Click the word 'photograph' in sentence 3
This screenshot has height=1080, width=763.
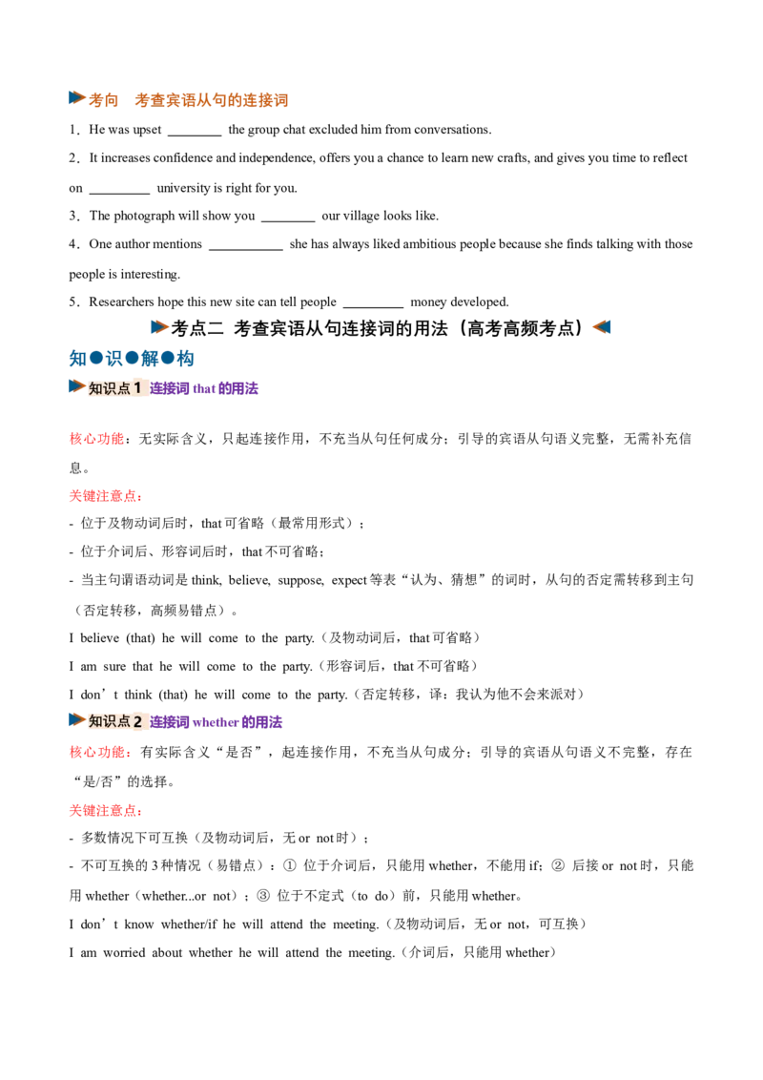click(144, 217)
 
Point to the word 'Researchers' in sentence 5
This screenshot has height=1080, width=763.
click(121, 301)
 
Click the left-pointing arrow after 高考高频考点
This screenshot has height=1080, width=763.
click(601, 327)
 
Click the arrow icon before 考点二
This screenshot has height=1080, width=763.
click(160, 327)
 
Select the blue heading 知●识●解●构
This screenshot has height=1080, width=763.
click(132, 359)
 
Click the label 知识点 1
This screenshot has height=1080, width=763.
click(115, 388)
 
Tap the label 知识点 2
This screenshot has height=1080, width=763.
click(115, 722)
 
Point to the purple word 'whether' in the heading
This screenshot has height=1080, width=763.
click(216, 722)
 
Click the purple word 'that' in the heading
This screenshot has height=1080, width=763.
click(204, 389)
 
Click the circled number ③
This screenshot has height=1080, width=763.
click(263, 896)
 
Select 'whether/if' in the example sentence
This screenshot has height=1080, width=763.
click(189, 924)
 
